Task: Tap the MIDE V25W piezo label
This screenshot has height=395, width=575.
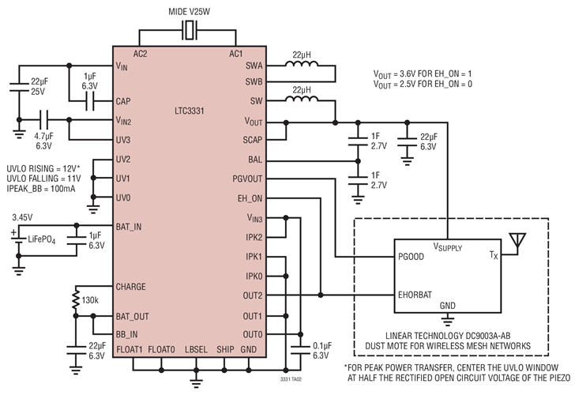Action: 190,12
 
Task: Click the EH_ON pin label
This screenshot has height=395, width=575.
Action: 250,197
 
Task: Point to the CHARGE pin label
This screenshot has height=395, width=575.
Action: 132,286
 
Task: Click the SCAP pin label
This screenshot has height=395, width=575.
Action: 253,140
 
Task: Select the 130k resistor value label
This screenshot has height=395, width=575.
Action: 90,301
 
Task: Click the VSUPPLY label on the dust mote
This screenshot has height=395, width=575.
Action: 451,247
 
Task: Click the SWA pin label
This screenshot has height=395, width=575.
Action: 253,66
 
